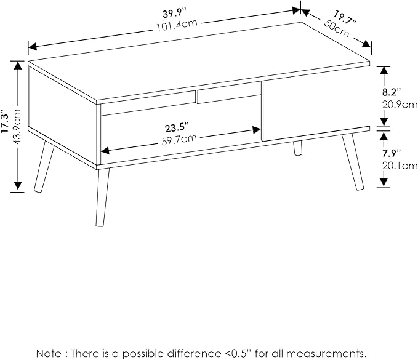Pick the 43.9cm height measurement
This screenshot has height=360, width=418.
pyautogui.click(x=17, y=127)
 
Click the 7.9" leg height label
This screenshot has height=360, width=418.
pyautogui.click(x=392, y=153)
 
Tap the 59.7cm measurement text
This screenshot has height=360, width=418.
pyautogui.click(x=180, y=139)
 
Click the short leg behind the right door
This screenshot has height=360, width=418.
pyautogui.click(x=299, y=148)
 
